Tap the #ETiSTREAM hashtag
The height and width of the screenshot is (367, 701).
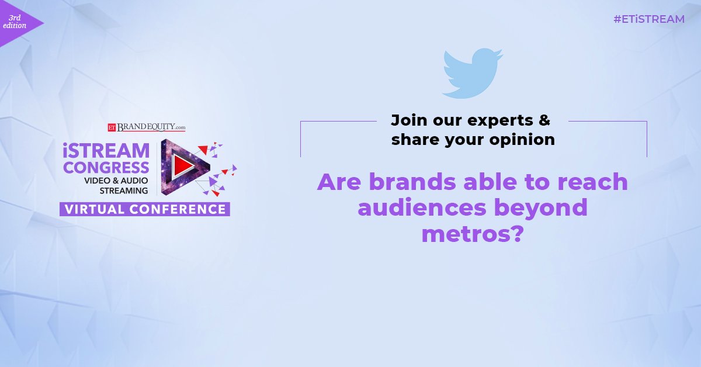pos(648,19)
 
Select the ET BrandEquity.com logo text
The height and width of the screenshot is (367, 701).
pos(146,126)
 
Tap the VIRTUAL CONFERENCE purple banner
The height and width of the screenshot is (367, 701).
pos(144,209)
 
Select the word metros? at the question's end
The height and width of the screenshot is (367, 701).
pos(471,234)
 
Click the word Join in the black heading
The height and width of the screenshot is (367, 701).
pos(407,121)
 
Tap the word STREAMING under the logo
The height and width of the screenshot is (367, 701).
pos(124,191)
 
